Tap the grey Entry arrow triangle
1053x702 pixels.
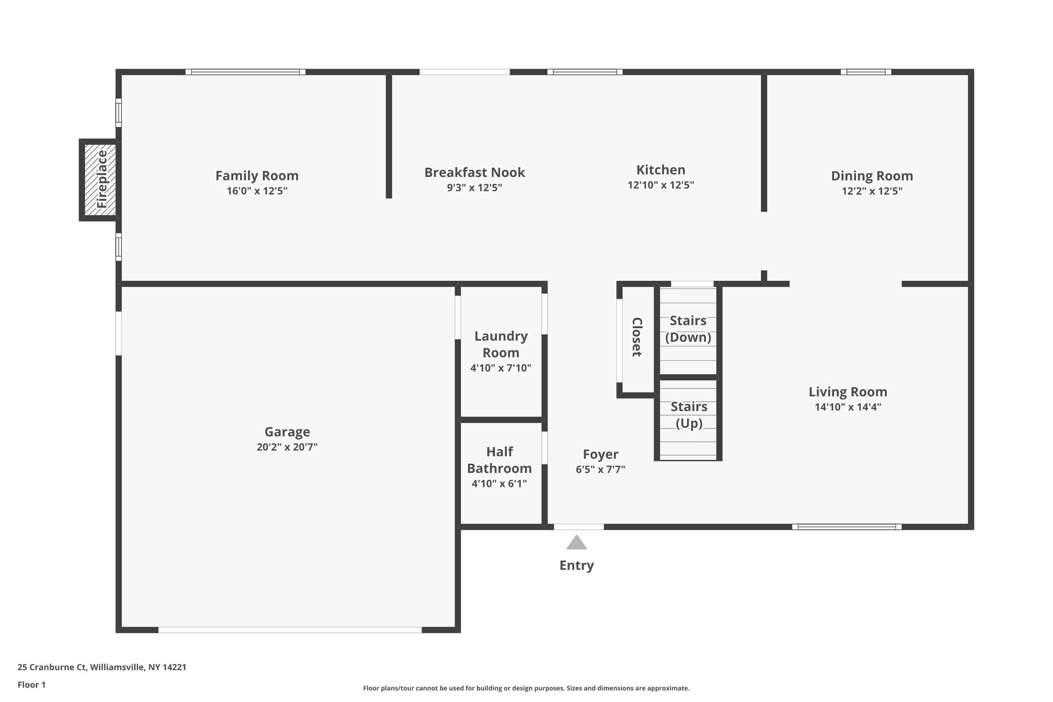pos(576,544)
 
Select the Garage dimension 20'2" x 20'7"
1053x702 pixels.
pos(287,447)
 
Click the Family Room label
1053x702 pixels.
pos(257,176)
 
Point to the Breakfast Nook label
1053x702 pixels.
pos(474,172)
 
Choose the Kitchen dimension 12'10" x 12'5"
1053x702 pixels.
pos(661,185)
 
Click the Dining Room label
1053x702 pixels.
pos(872,176)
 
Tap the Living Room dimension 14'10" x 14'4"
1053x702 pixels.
pos(848,407)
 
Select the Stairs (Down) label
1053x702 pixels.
pos(688,329)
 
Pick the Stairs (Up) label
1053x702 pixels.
pos(688,415)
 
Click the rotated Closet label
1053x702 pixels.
pos(637,337)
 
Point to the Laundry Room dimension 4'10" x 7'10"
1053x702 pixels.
pos(501,368)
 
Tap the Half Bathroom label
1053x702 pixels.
pos(499,460)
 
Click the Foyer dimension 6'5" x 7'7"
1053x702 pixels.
pos(600,470)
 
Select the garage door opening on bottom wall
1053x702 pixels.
pos(289,629)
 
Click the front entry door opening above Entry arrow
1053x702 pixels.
pos(578,527)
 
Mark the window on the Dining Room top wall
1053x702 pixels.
pos(866,72)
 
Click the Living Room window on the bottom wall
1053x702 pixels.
pos(846,527)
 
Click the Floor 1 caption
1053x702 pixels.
pos(31,685)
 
